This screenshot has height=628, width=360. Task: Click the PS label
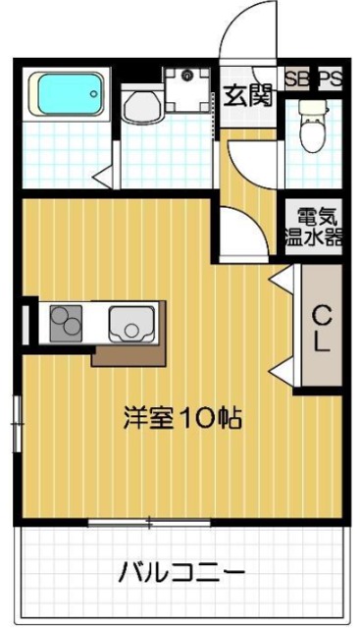[330, 79]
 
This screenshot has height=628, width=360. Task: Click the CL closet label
[321, 328]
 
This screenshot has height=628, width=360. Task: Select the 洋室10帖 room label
[182, 418]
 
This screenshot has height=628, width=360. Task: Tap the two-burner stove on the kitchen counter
[65, 321]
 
